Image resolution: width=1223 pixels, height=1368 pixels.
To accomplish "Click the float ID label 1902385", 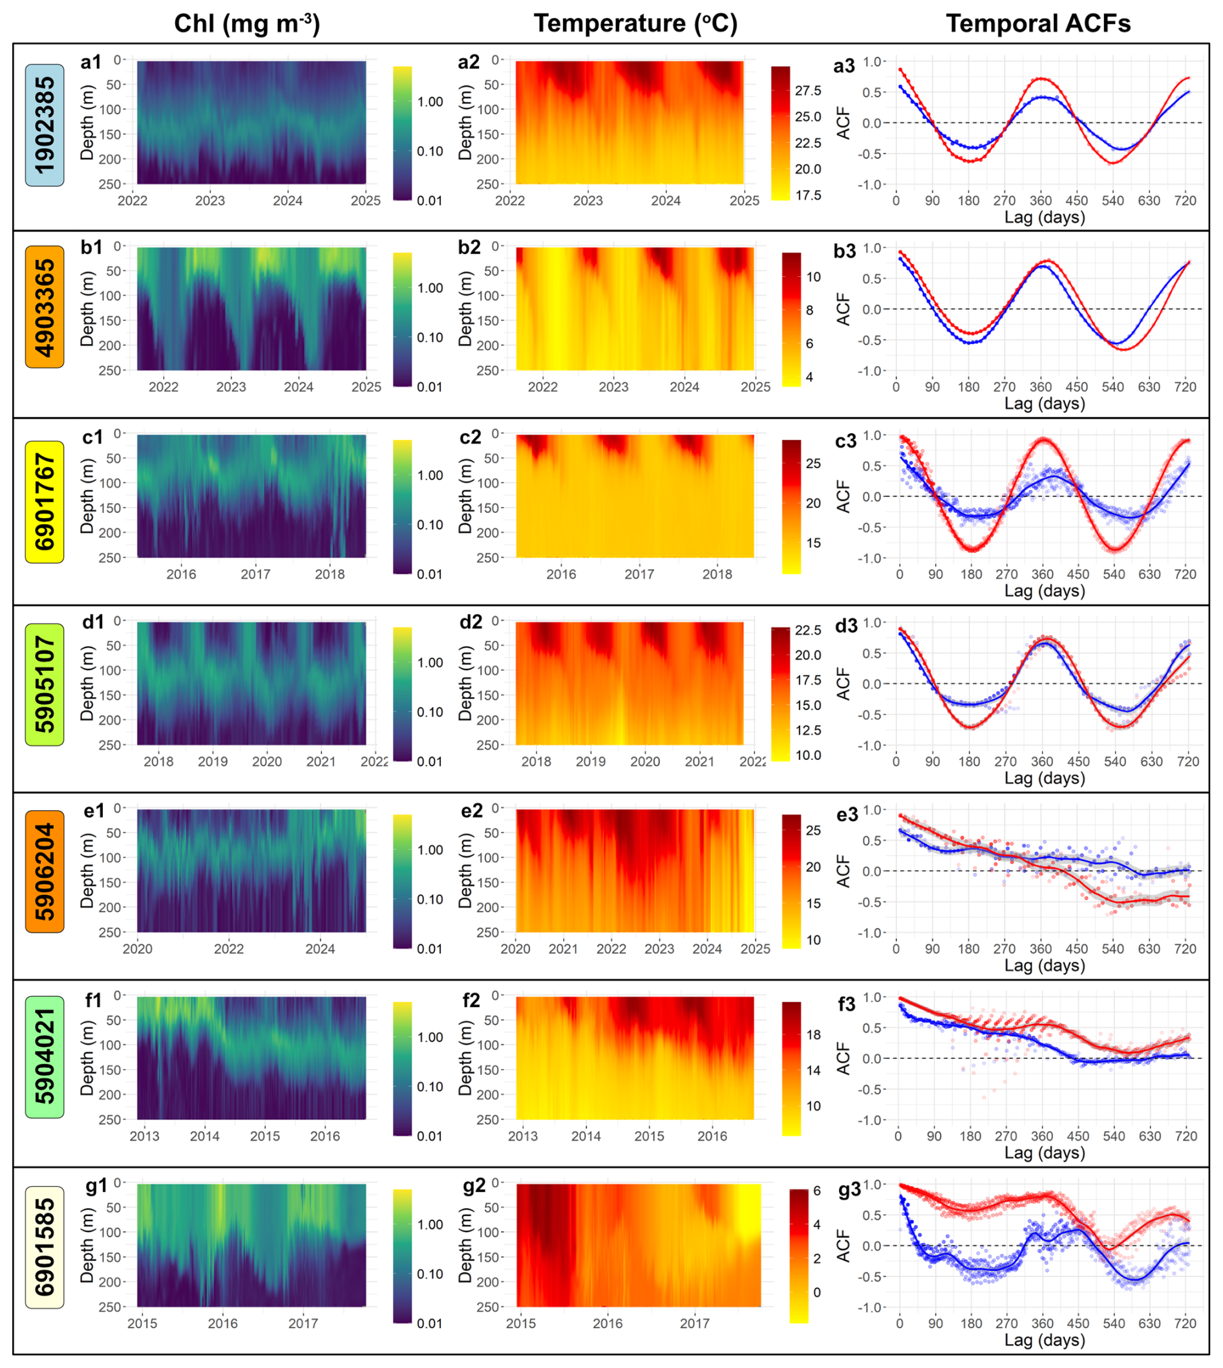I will pos(45,125).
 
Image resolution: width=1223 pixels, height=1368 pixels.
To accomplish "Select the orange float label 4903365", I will pos(45,307).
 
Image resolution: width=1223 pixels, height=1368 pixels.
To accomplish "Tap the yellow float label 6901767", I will pos(45,501).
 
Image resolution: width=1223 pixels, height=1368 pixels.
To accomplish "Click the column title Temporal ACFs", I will pos(1038,23).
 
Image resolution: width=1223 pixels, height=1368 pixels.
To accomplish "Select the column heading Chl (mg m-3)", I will pos(247,23).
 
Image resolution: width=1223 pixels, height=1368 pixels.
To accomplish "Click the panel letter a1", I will pos(90,63).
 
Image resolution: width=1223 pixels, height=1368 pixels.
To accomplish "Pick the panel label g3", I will pos(849,1191).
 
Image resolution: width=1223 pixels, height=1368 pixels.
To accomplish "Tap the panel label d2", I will pos(471,622).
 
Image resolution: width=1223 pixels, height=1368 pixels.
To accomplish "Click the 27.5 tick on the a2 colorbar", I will pos(808,91).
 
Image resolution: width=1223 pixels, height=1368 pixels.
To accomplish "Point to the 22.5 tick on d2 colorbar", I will pos(808,630).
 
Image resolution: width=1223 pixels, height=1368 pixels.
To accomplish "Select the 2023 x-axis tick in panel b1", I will pos(231,387).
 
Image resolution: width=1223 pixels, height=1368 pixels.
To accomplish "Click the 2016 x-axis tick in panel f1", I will pos(325,1136).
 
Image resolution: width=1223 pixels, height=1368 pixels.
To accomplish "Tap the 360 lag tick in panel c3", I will pos(1042,574).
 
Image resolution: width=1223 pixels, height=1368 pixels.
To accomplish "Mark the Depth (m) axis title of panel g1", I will pos(87,1245).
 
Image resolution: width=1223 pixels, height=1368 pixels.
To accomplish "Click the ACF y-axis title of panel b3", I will pos(843,309).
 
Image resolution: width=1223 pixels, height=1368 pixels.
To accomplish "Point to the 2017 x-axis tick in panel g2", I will pos(694,1323).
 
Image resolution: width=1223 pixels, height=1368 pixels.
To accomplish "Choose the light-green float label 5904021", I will pos(45,1057).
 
